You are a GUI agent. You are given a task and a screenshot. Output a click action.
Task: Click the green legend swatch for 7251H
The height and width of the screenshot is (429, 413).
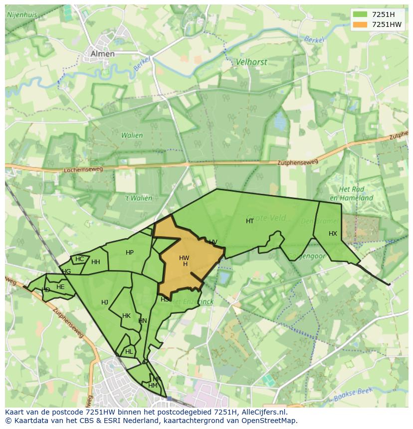tap(359, 14)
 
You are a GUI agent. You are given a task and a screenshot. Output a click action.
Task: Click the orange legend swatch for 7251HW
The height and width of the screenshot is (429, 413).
tap(359, 24)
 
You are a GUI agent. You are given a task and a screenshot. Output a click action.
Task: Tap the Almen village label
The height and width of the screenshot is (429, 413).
tap(102, 54)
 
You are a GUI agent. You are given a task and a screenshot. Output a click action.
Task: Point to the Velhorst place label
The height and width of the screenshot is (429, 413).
tap(251, 62)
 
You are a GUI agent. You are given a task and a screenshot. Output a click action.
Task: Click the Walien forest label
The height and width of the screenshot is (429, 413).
tap(132, 135)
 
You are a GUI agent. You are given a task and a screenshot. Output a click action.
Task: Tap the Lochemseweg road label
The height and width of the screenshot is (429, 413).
tap(83, 170)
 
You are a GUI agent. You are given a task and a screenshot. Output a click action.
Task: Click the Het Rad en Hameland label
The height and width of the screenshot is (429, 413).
tap(356, 194)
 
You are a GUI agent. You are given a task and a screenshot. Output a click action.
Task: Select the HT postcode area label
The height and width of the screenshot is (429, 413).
tap(250, 221)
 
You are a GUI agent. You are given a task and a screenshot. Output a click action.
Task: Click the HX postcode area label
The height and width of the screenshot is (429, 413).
tap(333, 234)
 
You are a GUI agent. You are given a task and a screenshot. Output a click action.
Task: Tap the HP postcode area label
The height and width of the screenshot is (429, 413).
tap(130, 253)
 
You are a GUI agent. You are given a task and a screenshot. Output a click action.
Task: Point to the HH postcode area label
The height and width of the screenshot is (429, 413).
tap(96, 262)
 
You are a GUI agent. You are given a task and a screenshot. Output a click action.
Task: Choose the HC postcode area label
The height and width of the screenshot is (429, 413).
tap(80, 259)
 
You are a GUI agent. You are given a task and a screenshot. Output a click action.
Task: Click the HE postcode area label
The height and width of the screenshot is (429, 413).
tap(60, 287)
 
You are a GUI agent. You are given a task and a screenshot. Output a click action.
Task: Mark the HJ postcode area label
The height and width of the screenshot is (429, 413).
tap(105, 302)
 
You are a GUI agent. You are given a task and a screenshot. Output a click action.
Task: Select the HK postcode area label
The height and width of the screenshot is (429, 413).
tap(126, 316)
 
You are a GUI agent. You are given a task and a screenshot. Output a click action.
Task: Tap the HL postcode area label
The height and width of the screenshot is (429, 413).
tap(129, 351)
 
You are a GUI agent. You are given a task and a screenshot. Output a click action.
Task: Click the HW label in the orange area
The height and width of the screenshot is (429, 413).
tap(184, 258)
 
